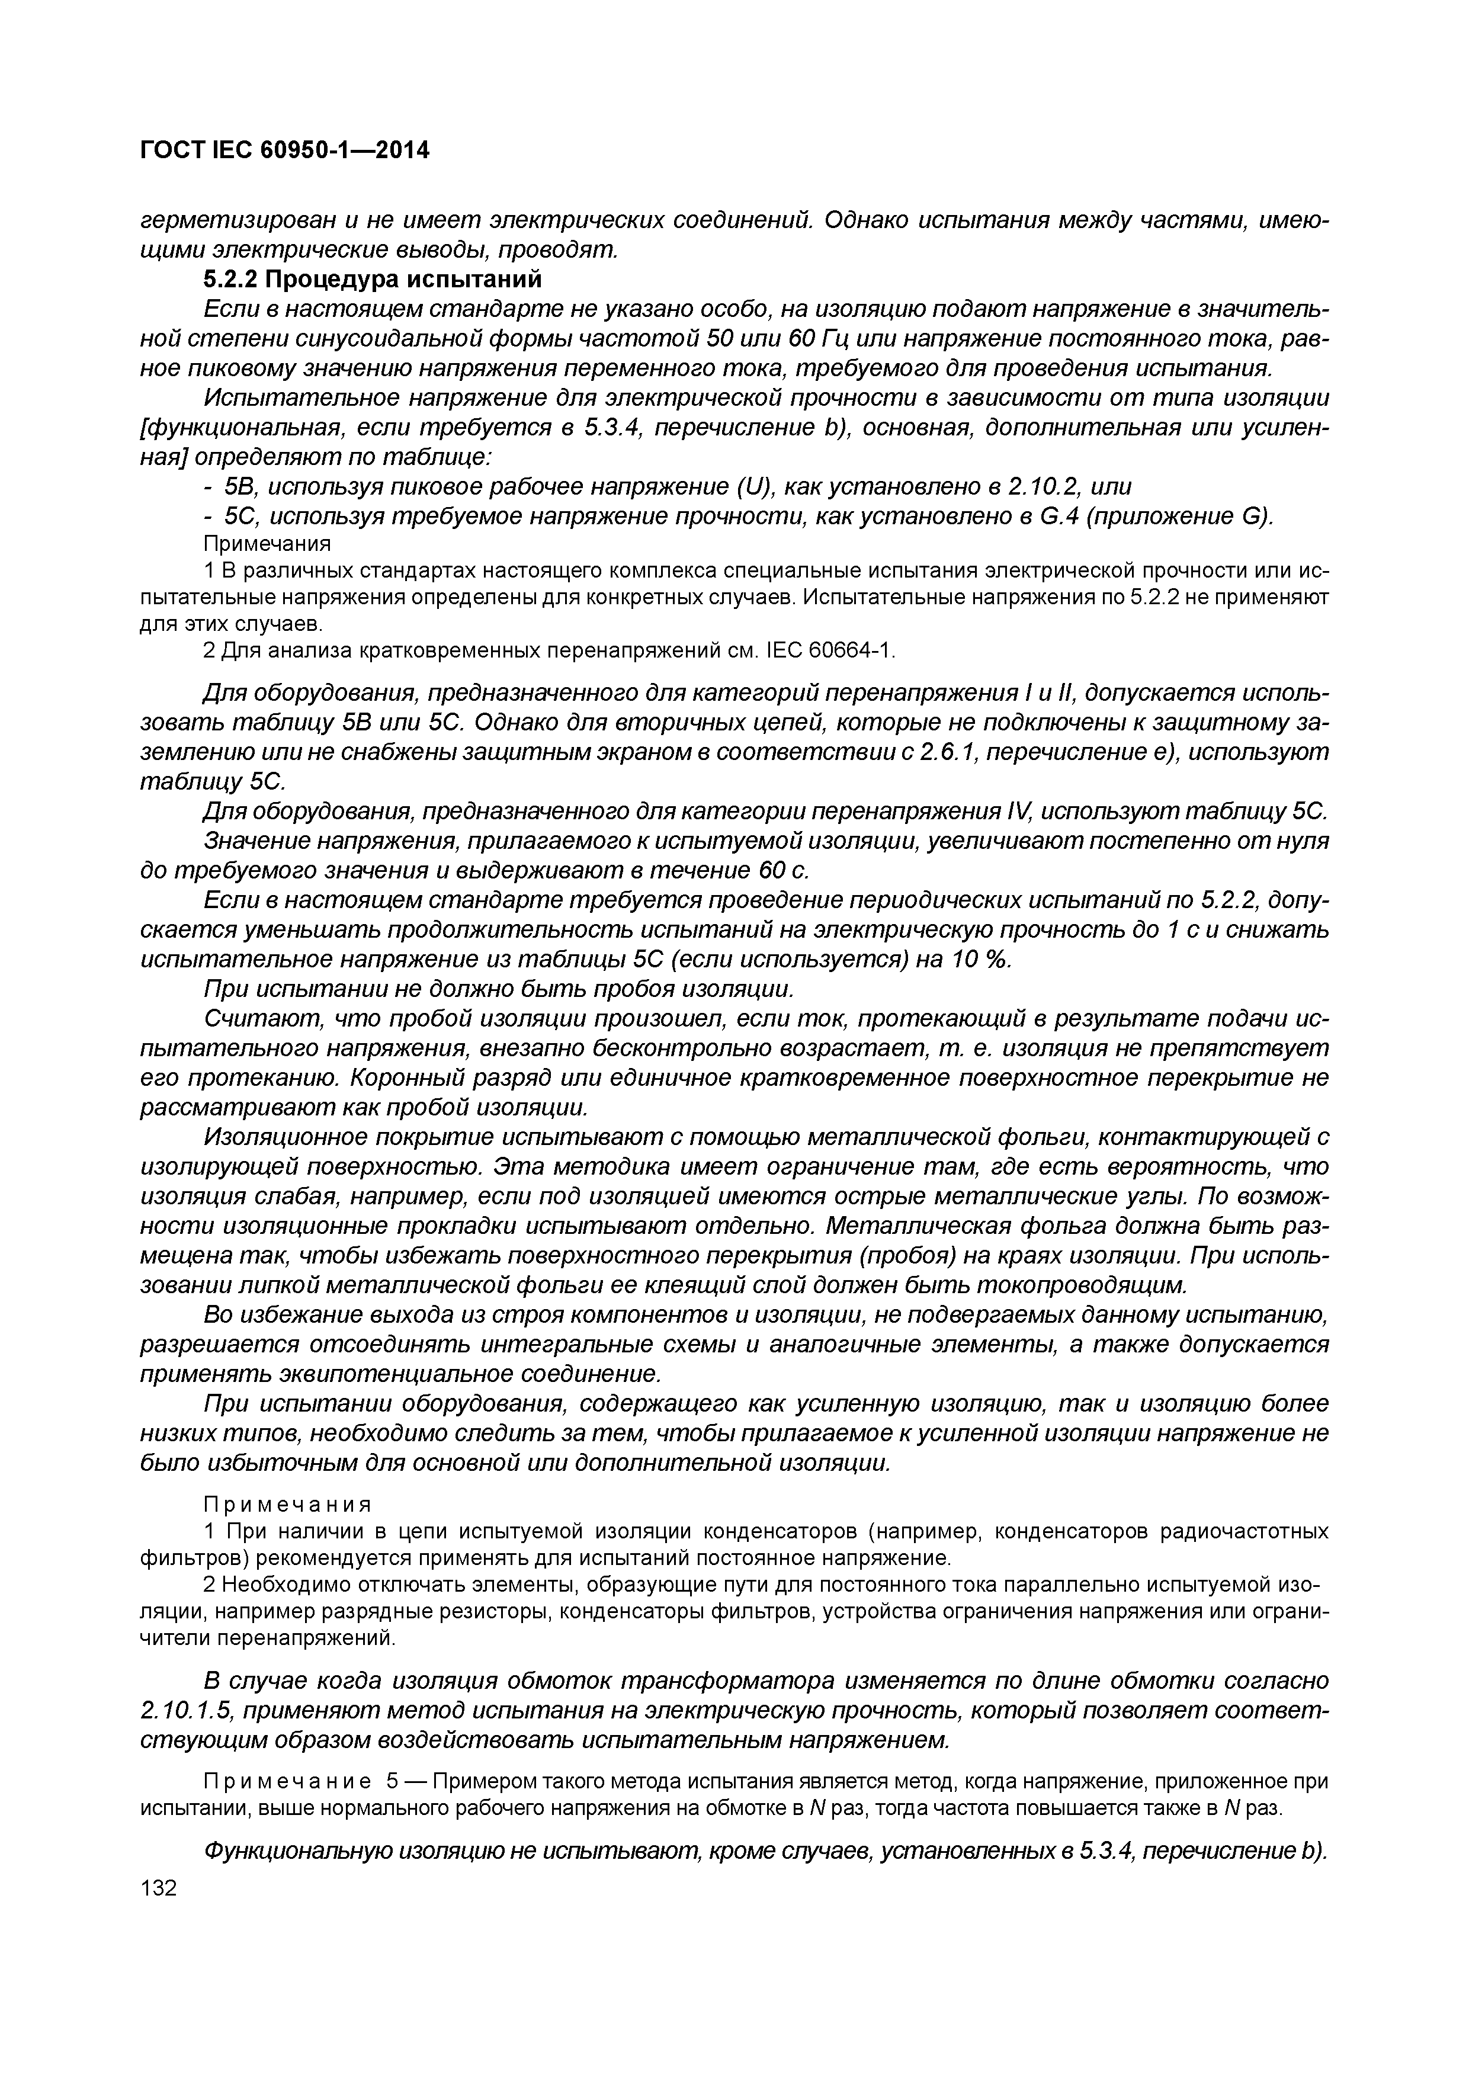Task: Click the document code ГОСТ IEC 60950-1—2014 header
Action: pos(284,150)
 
